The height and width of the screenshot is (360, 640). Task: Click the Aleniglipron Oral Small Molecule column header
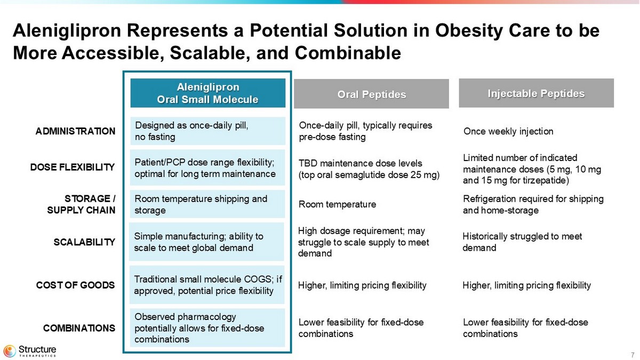pos(208,93)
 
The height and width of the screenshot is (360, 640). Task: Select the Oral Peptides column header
pos(371,94)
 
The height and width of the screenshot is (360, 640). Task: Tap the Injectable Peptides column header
pos(536,93)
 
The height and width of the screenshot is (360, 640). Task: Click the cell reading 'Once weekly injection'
pos(508,131)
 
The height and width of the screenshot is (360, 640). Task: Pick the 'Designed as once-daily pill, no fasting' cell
pos(208,131)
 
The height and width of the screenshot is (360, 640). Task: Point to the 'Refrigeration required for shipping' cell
pos(533,204)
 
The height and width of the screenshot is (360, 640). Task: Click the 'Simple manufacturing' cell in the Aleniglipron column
pos(208,242)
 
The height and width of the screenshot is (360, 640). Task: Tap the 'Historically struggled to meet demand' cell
pos(522,242)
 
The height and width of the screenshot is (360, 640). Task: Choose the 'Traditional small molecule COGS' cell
pos(208,285)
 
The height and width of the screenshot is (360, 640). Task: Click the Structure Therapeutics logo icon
pos(10,350)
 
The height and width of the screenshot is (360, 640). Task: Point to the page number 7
pos(632,355)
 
